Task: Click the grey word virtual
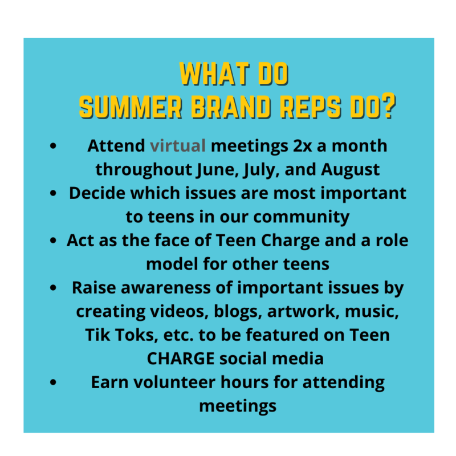tap(178, 145)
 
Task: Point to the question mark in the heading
tap(388, 105)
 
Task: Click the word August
tap(350, 170)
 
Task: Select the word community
tap(302, 217)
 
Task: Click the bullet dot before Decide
tap(53, 193)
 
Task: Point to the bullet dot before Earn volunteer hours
tap(53, 382)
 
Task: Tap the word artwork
tap(303, 311)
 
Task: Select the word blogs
tap(236, 312)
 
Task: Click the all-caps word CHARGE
tap(181, 359)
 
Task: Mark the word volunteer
tap(174, 382)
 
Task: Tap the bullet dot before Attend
tap(53, 145)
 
